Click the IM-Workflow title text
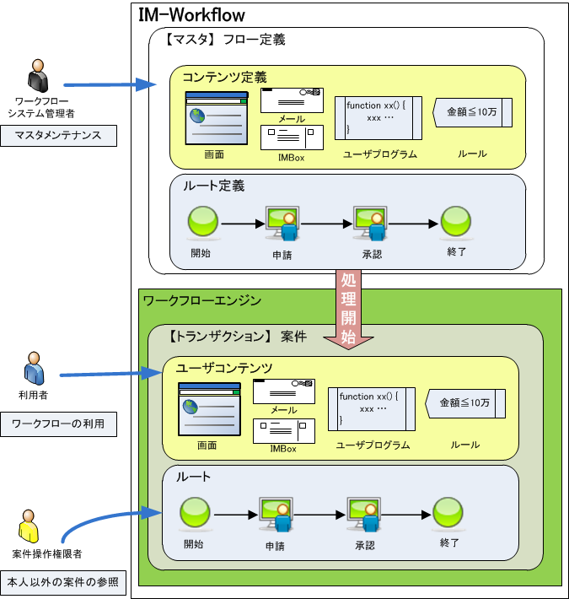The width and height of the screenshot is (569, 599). point(191,14)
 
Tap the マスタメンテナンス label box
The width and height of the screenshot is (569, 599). point(59,135)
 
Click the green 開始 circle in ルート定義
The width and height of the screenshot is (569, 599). point(202,223)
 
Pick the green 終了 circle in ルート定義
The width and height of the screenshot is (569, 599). point(456,223)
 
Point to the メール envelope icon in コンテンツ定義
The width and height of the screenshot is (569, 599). point(291,100)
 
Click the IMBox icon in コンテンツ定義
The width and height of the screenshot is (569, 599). point(291,138)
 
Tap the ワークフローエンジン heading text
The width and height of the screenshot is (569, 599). point(202,300)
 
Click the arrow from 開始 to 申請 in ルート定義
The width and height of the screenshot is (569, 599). point(241,224)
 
